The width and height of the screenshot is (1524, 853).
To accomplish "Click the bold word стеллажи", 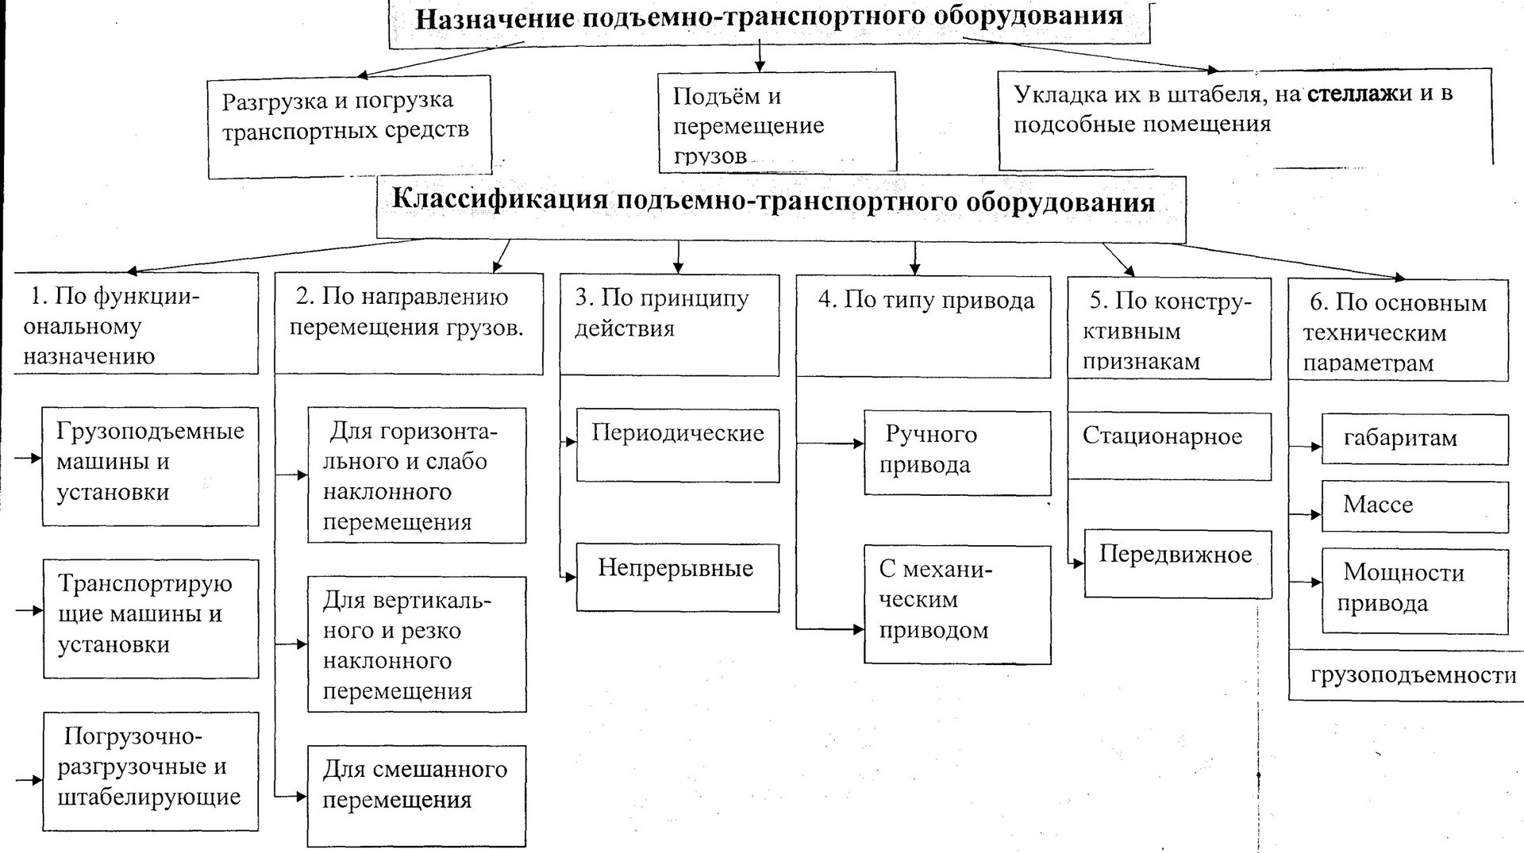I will click(1359, 94).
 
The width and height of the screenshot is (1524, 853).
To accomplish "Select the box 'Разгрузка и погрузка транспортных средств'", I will click(348, 125).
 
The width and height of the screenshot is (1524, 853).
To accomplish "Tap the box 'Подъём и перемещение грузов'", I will click(776, 123).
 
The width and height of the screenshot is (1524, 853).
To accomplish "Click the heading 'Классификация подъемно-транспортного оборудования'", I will click(773, 202).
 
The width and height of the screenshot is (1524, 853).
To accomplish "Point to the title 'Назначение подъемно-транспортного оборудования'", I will click(768, 17).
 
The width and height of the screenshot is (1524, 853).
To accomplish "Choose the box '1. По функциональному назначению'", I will click(137, 324).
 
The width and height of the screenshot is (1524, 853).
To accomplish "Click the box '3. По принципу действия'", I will click(669, 324).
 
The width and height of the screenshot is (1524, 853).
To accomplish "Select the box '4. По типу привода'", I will click(922, 325).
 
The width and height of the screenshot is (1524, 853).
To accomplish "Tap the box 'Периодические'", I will click(677, 444).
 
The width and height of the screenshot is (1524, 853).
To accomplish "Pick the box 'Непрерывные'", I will click(677, 576).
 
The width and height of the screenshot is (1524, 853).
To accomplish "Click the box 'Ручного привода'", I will click(956, 452).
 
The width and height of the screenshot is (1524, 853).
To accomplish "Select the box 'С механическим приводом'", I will click(956, 603).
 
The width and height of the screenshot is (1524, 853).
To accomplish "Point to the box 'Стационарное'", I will click(1168, 444).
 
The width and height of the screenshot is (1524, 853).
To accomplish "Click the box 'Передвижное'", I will click(1177, 563).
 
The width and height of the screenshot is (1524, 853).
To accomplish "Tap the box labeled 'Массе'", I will click(1414, 505).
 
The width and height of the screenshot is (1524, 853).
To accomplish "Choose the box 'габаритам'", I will click(1414, 439).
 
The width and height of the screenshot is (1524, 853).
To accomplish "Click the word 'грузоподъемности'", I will click(1413, 675).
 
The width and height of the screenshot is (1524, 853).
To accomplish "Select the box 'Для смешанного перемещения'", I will click(416, 794).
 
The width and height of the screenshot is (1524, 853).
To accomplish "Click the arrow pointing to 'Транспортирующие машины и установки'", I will click(29, 610).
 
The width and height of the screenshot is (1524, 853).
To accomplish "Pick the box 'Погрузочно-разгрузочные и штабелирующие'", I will click(150, 770).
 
